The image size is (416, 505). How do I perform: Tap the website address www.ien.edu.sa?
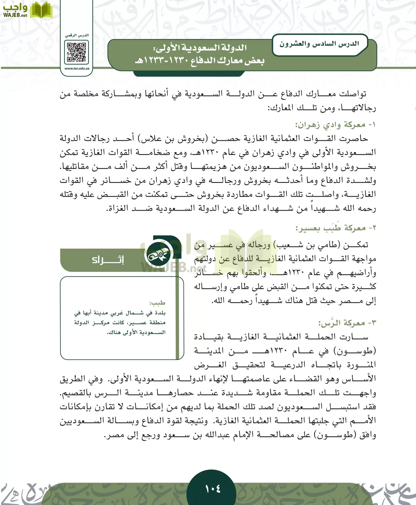pos(77,68)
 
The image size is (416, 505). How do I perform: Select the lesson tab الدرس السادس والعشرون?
pos(319,44)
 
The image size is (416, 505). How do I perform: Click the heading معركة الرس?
pos(346,323)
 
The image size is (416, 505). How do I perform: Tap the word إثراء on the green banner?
pos(108,260)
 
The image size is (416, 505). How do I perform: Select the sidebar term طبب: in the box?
pos(157,303)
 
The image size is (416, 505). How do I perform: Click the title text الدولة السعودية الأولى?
pos(200,48)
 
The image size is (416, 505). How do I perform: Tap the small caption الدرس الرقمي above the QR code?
pos(77,35)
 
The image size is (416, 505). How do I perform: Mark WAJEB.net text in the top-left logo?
pos(15,15)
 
